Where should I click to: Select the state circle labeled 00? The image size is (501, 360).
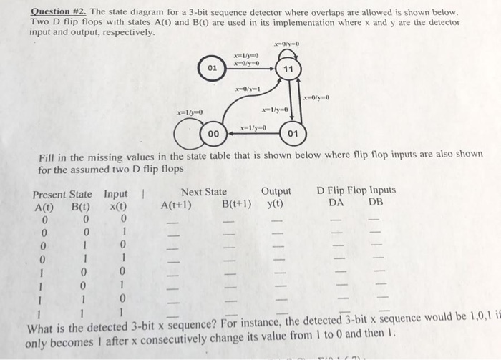[x=214, y=134]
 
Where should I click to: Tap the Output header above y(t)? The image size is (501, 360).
[x=276, y=191]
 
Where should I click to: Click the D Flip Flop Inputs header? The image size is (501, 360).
[x=356, y=190]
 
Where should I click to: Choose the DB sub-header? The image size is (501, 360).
[x=376, y=203]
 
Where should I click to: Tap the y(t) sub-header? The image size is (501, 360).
[x=275, y=203]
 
